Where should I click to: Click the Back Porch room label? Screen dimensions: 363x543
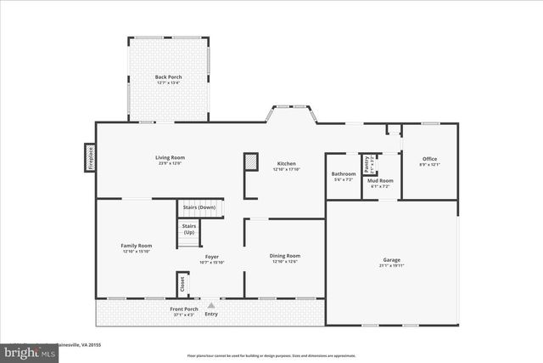[x=168, y=77]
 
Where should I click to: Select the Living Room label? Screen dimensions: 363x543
[x=170, y=157]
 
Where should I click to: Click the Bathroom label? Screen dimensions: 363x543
[x=344, y=174]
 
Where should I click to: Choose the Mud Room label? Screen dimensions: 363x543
[x=380, y=180]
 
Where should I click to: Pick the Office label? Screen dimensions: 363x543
[x=430, y=158]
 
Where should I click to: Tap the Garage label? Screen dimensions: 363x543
[x=391, y=260]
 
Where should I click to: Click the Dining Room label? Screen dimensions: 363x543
[x=285, y=256]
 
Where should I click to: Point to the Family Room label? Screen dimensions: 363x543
[x=136, y=246]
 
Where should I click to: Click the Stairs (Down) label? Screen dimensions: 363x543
[x=199, y=207]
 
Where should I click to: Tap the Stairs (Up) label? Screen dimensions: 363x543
[x=189, y=229]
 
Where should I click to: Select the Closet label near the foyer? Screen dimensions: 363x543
[x=182, y=283]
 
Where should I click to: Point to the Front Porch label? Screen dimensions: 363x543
[x=183, y=309]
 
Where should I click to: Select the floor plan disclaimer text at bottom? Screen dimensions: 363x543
[x=271, y=355]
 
